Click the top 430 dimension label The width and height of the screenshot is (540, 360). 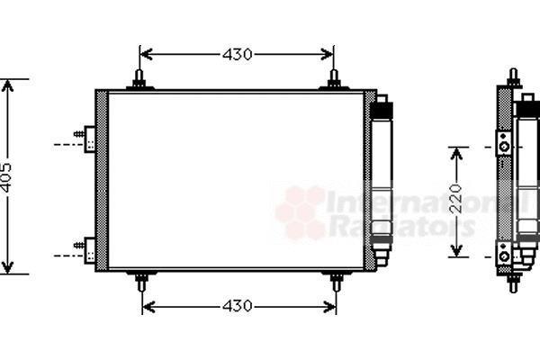click(237, 54)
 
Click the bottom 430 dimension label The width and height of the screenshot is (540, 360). click(238, 306)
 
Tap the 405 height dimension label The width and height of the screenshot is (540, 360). click(6, 177)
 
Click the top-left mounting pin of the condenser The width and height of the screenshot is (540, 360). click(139, 79)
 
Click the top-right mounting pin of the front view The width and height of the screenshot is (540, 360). click(334, 79)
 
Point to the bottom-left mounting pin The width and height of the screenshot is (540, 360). click(141, 281)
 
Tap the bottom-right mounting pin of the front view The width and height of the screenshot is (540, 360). click(337, 281)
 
